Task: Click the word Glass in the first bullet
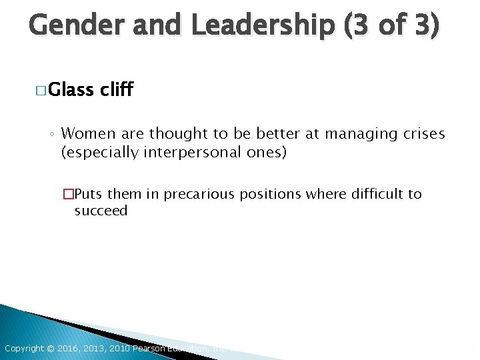click(x=71, y=89)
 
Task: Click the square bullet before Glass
click(x=41, y=90)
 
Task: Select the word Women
click(x=89, y=134)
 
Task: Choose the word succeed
click(x=101, y=211)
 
